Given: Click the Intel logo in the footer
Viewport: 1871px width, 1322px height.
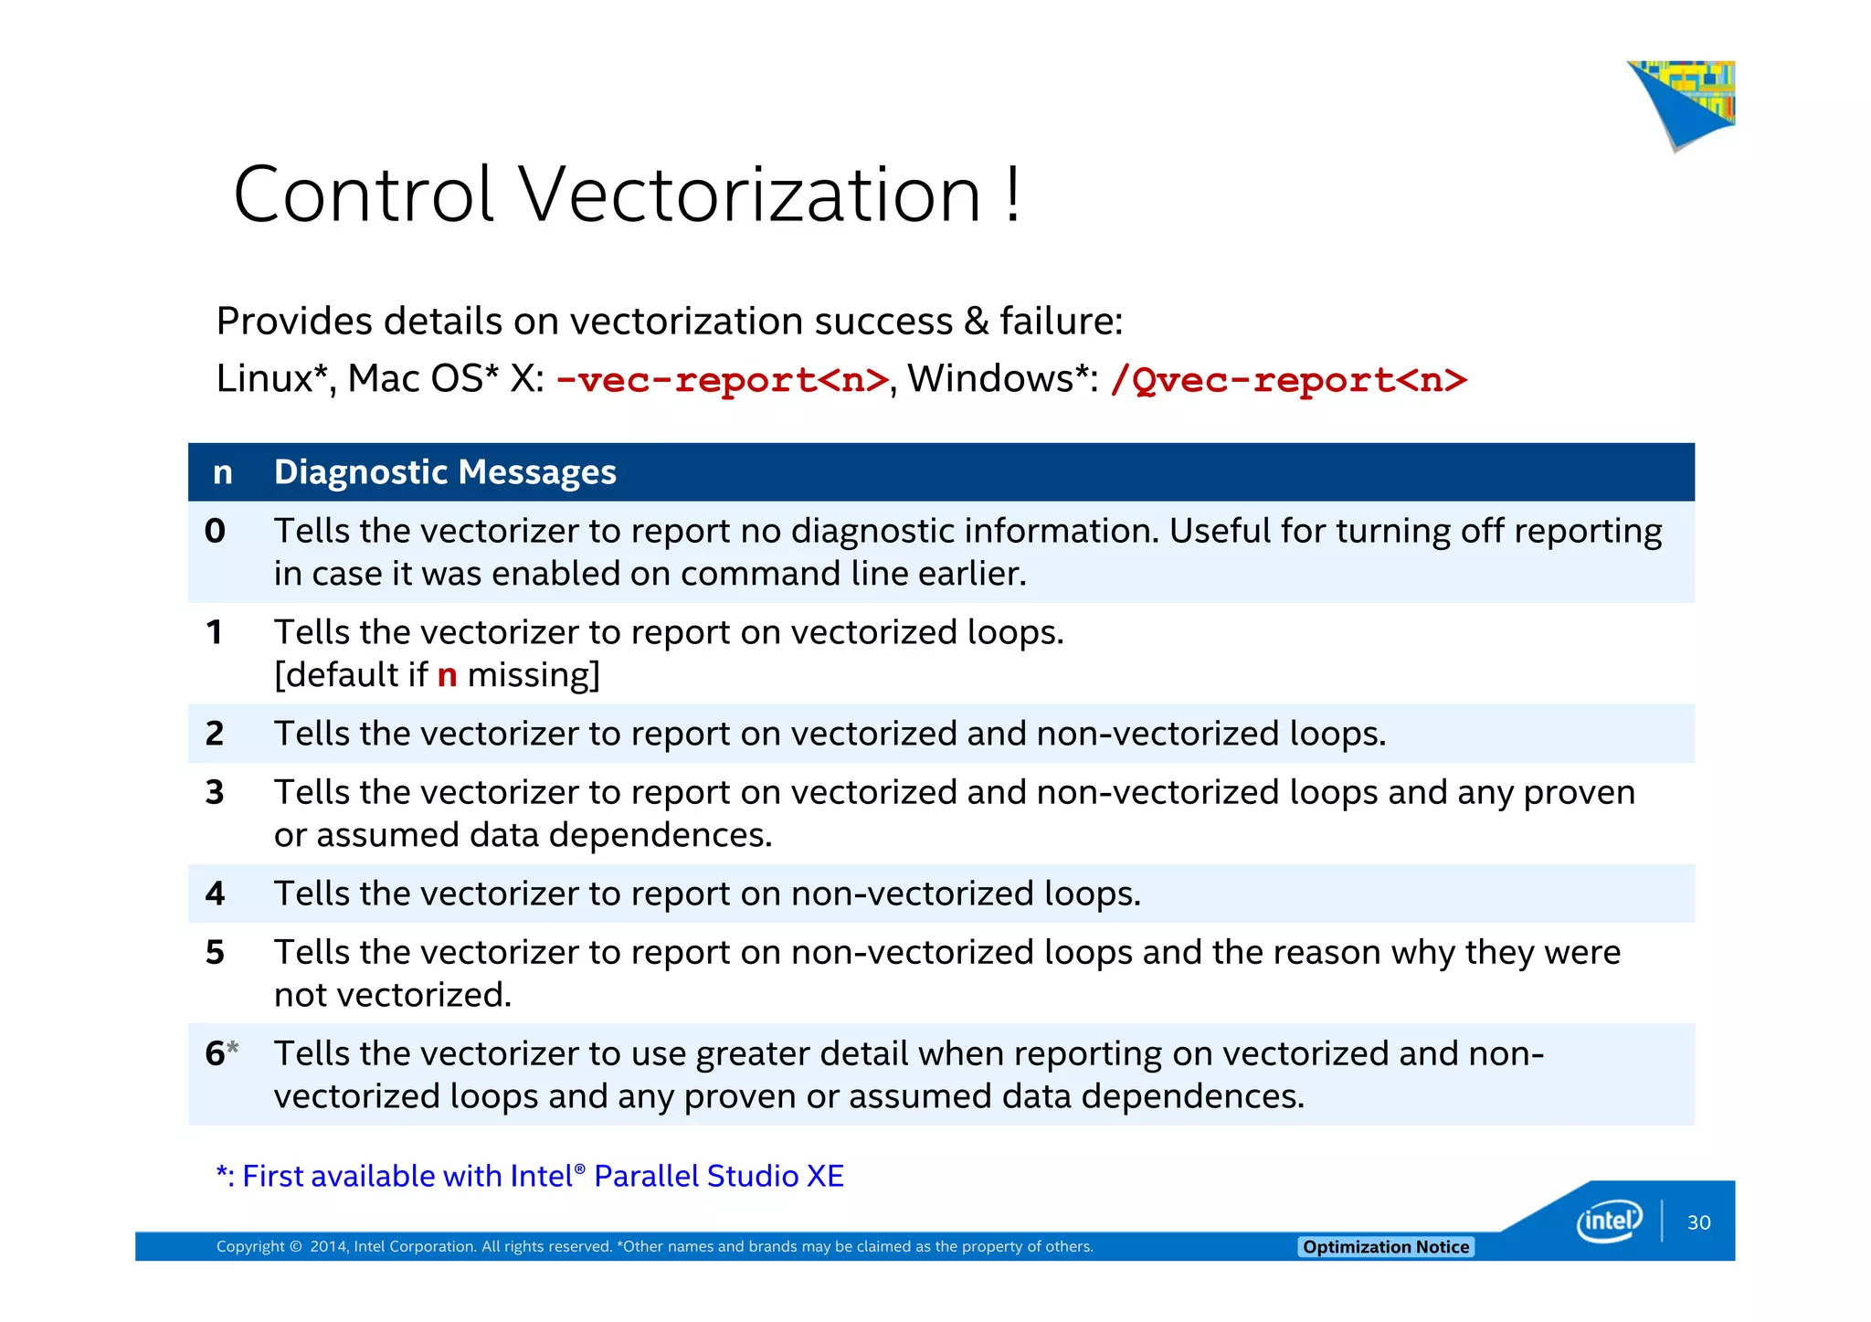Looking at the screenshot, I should click(1609, 1221).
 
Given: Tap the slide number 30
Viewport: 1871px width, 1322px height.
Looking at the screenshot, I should click(1698, 1222).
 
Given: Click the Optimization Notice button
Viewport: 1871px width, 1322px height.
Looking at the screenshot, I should click(1385, 1247).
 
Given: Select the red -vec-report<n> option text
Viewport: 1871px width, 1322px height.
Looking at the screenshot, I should click(722, 380).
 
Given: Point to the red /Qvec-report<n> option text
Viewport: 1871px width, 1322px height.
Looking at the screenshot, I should click(1288, 380).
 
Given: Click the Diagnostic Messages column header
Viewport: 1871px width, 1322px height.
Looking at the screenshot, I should click(445, 472).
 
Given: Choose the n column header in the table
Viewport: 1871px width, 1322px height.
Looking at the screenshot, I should click(222, 472).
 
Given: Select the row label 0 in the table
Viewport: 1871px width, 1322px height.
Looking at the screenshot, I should click(215, 531).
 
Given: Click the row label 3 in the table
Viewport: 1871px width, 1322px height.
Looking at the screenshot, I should click(215, 792).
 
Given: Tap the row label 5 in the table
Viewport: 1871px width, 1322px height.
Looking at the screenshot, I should click(215, 952).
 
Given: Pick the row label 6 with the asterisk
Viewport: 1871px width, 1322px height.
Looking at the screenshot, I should click(220, 1053).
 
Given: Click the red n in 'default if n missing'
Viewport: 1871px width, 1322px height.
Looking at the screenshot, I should click(447, 675).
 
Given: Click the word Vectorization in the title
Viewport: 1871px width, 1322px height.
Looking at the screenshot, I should click(749, 195).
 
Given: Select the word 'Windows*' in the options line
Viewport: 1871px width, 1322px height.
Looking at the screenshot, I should click(1001, 379).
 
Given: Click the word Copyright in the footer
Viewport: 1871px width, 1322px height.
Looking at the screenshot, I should click(249, 1247).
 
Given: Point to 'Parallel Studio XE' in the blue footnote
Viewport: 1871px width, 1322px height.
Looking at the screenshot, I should click(718, 1176).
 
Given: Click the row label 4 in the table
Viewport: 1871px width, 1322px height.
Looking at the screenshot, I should click(215, 894).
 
